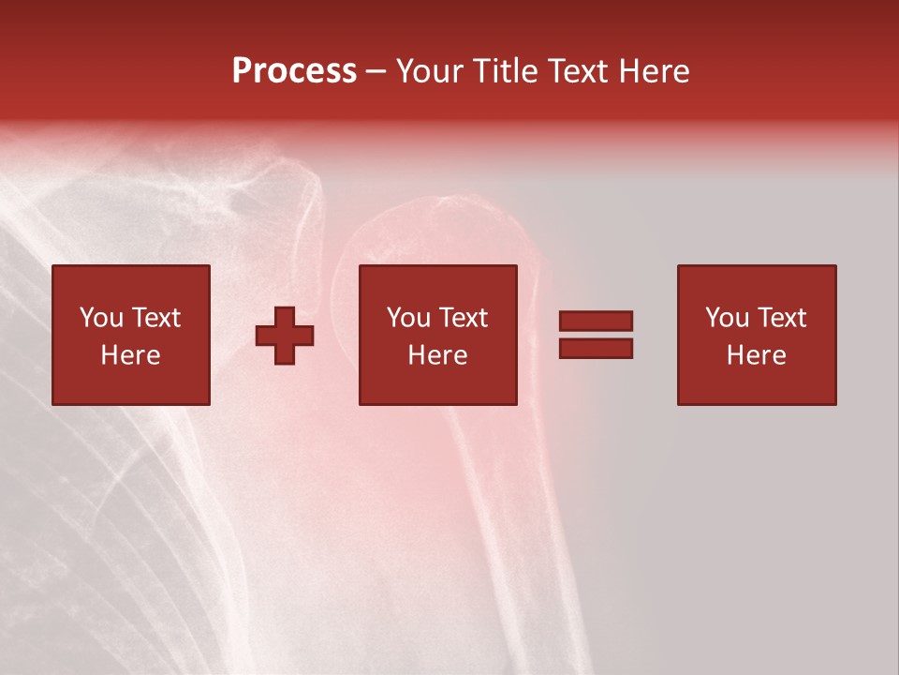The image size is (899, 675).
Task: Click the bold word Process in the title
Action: [x=294, y=71]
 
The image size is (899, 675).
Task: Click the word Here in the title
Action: [x=656, y=71]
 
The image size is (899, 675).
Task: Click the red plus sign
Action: [x=285, y=336]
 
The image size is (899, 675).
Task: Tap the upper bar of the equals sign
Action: [x=596, y=321]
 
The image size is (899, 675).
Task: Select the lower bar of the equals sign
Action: [x=596, y=349]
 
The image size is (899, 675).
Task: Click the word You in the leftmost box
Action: [x=100, y=318]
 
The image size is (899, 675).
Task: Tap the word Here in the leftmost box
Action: [x=130, y=355]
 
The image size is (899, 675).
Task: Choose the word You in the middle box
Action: [x=407, y=318]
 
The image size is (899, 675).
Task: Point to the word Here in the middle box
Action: [x=437, y=355]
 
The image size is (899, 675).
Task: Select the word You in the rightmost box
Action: [x=726, y=318]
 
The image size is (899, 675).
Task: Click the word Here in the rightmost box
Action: [x=756, y=355]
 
